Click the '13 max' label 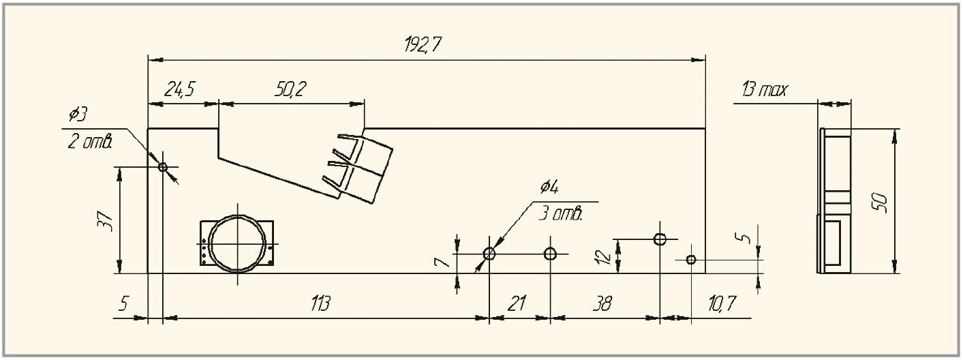tap(764, 91)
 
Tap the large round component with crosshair tap(237, 243)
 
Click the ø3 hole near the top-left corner tap(163, 166)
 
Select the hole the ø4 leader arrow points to tap(489, 254)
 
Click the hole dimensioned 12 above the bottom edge tap(660, 239)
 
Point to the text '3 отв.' tap(561, 215)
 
